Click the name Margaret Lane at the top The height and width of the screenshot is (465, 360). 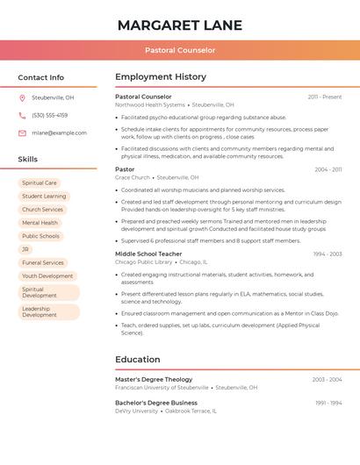click(x=179, y=25)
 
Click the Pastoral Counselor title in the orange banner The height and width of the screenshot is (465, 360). click(x=179, y=50)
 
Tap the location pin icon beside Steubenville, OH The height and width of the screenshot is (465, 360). click(x=22, y=98)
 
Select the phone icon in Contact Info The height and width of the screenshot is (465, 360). click(x=22, y=115)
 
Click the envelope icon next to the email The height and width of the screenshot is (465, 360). click(x=22, y=133)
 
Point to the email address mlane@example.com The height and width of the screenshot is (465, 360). click(x=59, y=133)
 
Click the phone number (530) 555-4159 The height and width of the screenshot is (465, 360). click(x=49, y=115)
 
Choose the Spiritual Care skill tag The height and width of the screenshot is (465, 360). click(x=40, y=183)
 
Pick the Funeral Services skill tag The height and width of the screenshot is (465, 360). click(x=43, y=262)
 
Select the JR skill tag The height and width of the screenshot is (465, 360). click(x=25, y=249)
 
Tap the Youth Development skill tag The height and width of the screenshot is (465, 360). click(x=47, y=275)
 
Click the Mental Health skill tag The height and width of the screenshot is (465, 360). click(x=40, y=223)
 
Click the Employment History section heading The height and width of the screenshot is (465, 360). click(x=161, y=77)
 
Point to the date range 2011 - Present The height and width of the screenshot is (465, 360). click(x=324, y=97)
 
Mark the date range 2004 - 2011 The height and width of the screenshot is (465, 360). click(x=328, y=169)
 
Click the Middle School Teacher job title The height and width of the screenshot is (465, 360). click(x=149, y=254)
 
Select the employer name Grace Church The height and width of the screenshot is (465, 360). click(x=133, y=177)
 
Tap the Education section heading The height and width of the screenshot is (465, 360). click(x=137, y=359)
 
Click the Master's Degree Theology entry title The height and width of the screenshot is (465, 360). click(x=154, y=379)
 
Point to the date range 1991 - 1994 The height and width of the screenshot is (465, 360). click(x=328, y=403)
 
